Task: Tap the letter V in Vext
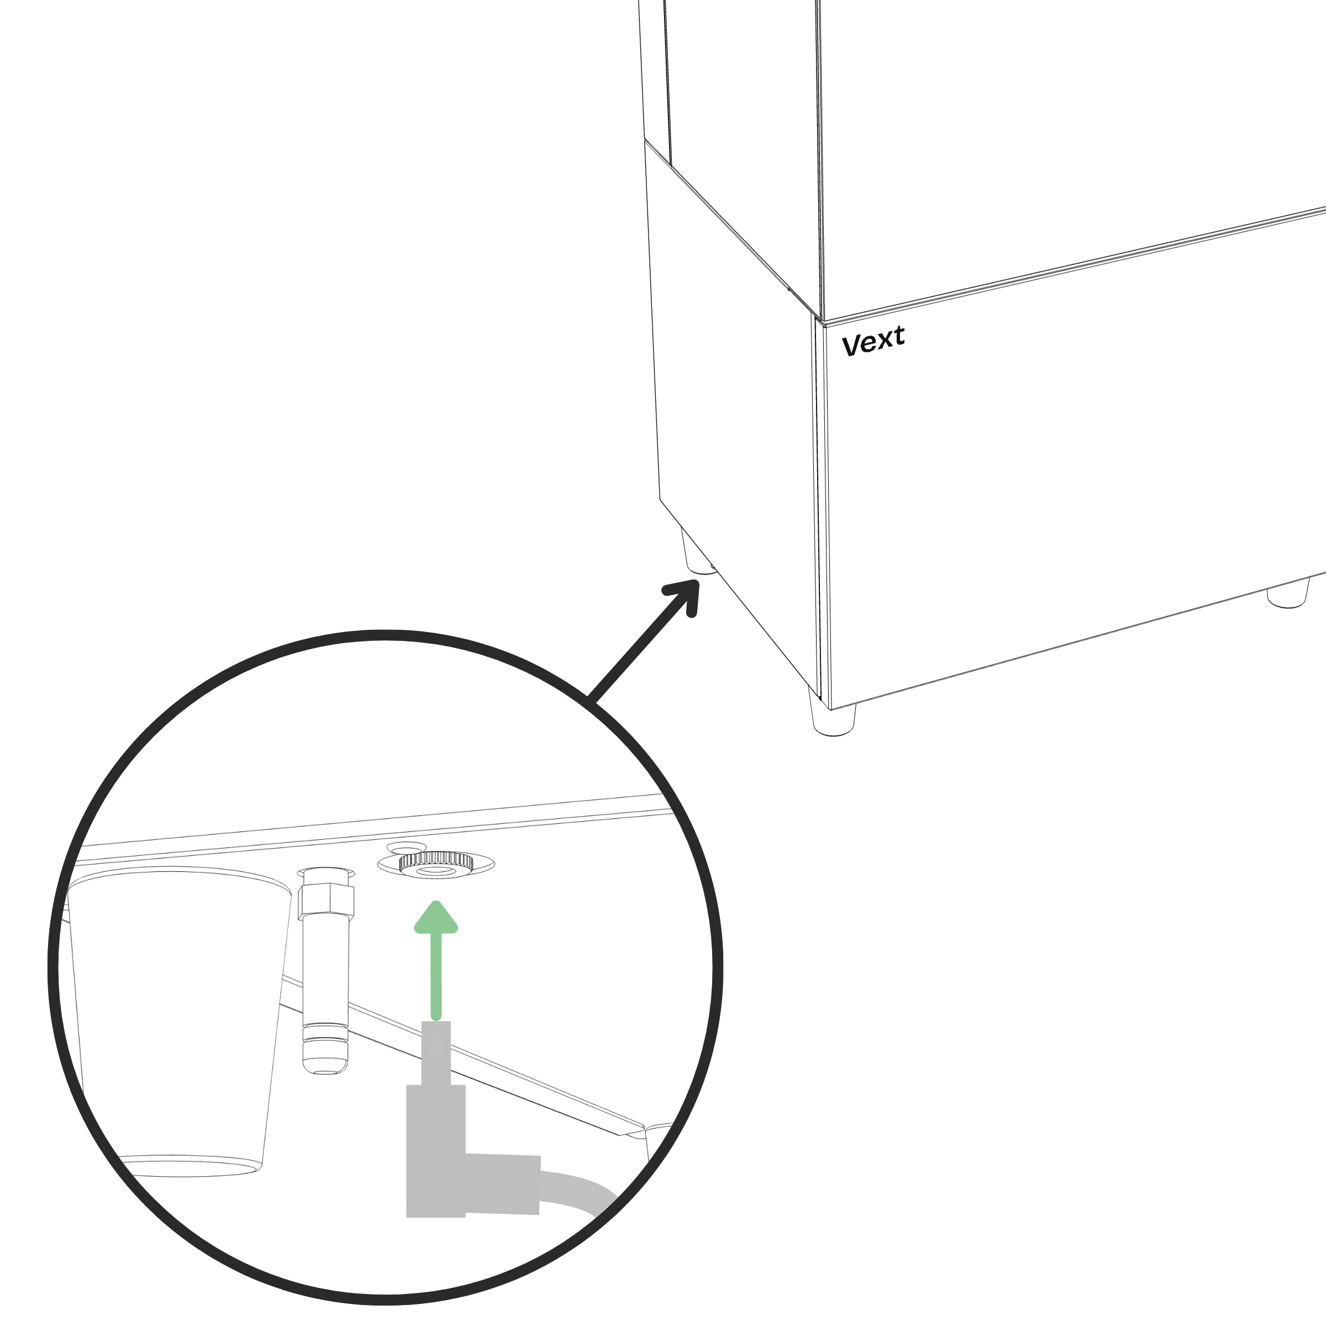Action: (851, 345)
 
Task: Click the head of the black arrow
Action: (685, 596)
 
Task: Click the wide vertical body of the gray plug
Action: (436, 1150)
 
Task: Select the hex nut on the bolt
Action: (327, 901)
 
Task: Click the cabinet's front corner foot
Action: (834, 714)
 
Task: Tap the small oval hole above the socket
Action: (407, 848)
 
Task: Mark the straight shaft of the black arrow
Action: (635, 649)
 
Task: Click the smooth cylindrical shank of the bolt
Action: (326, 971)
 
